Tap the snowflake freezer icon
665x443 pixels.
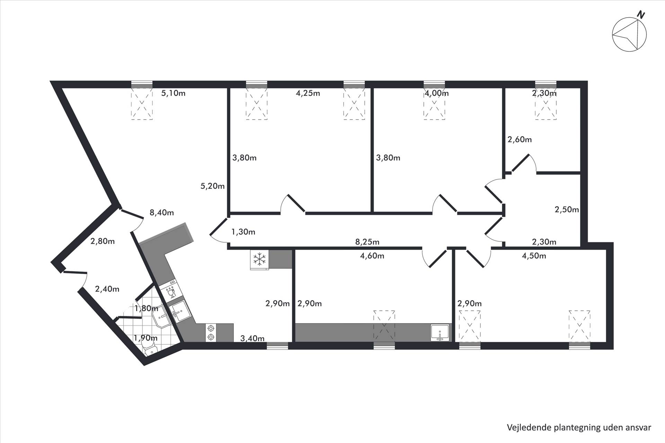(x=259, y=259)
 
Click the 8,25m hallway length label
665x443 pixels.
(x=367, y=242)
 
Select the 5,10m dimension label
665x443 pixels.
(x=174, y=93)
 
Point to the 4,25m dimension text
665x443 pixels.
(x=308, y=93)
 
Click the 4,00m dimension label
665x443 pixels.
(x=436, y=93)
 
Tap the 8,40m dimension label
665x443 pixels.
(x=162, y=213)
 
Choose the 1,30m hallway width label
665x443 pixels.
(x=243, y=232)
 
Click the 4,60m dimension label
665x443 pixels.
(x=372, y=256)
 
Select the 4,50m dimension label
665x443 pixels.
(x=534, y=256)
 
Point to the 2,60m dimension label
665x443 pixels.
(x=520, y=139)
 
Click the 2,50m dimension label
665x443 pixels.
(x=567, y=210)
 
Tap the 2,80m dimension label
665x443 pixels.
(x=103, y=241)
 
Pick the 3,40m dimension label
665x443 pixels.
(x=252, y=338)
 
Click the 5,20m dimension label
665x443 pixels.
(x=213, y=186)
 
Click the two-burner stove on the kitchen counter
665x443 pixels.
(x=210, y=333)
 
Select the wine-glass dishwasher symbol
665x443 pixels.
(x=170, y=291)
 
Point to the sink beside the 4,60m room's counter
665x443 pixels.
(x=440, y=333)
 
